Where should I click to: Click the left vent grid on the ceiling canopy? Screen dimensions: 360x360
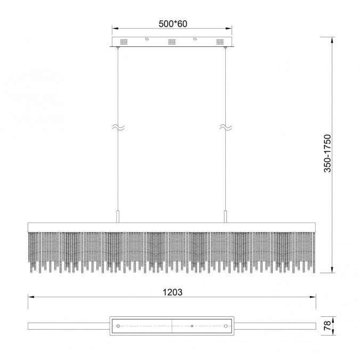tap(125, 42)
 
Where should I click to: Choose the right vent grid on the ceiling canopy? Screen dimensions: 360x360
tap(219, 42)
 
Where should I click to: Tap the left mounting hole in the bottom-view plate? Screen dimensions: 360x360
tap(118, 325)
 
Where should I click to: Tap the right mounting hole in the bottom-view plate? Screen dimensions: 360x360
tap(225, 325)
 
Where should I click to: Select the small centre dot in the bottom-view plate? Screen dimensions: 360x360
tap(191, 325)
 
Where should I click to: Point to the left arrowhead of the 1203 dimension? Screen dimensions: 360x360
tap(30, 298)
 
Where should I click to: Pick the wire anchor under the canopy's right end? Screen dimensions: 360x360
tap(225, 49)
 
